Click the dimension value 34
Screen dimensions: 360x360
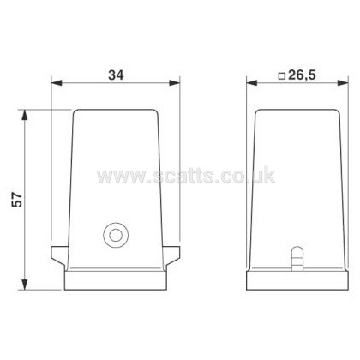tap(116, 75)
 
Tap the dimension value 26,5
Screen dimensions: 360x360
tap(302, 75)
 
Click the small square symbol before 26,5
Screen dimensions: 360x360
tap(282, 76)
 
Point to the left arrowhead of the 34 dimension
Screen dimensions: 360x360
tap(57, 83)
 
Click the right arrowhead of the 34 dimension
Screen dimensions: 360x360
tap(174, 83)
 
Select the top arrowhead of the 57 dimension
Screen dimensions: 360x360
tap(25, 115)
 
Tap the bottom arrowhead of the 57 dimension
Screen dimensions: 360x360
tap(25, 285)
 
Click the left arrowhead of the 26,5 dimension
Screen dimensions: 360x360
tap(252, 83)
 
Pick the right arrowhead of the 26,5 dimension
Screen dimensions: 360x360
tap(343, 83)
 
